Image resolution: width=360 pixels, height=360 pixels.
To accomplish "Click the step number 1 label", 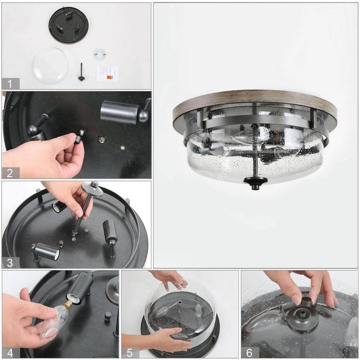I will (x=10, y=84).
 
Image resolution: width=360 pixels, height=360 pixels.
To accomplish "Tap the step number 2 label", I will (x=10, y=173).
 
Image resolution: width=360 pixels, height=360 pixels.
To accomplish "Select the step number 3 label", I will (x=10, y=262).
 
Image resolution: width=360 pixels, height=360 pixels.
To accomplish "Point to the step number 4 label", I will (x=10, y=352).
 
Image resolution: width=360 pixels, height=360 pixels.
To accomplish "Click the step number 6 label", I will (x=249, y=352).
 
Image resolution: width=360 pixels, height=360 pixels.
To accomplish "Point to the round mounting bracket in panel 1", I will (x=100, y=54).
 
